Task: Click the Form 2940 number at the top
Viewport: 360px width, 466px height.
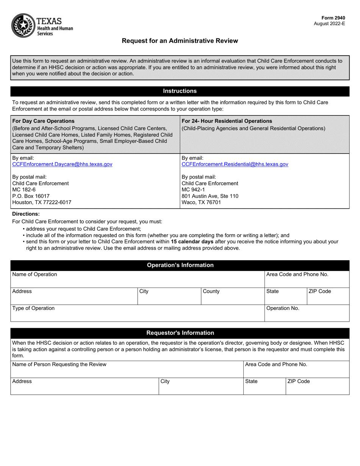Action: click(333, 18)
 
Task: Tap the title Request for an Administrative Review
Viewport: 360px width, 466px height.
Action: click(180, 41)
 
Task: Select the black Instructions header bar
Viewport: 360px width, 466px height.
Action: click(180, 91)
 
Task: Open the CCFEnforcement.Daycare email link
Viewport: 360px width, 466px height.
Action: click(63, 164)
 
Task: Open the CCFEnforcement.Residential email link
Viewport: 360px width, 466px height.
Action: click(235, 164)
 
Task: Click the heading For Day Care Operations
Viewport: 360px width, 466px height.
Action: click(44, 121)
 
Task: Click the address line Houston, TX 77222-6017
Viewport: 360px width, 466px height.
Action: click(42, 202)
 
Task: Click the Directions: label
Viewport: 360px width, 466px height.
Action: click(26, 214)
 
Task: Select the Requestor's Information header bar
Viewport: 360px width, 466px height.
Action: click(180, 333)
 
